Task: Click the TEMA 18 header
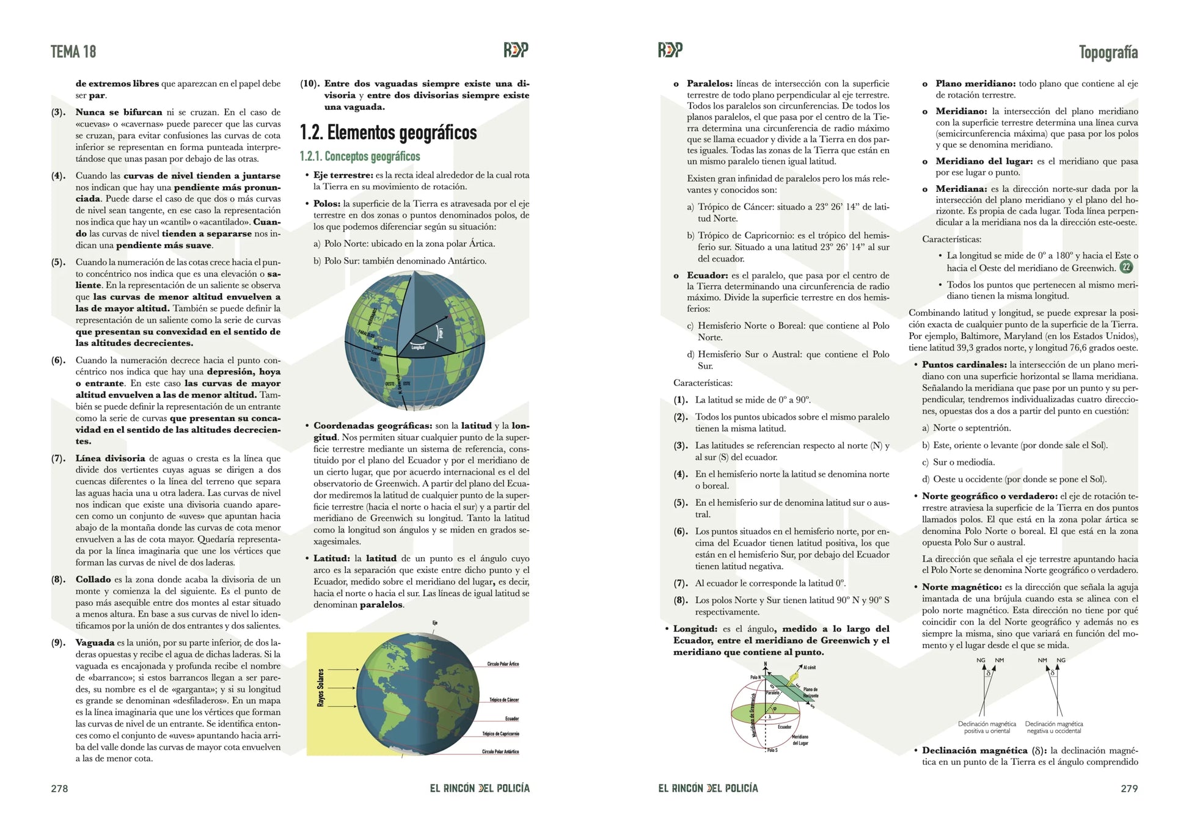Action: pyautogui.click(x=73, y=52)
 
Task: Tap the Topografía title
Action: pyautogui.click(x=1108, y=53)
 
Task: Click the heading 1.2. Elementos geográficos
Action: pyautogui.click(x=388, y=133)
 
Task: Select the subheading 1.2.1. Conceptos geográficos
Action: pyautogui.click(x=360, y=157)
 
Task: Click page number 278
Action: pyautogui.click(x=59, y=789)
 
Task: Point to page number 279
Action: pyautogui.click(x=1129, y=789)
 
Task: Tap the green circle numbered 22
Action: pyautogui.click(x=1125, y=267)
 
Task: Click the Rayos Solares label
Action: pyautogui.click(x=321, y=688)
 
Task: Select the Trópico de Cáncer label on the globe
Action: pyautogui.click(x=504, y=700)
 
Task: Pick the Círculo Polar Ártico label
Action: pyautogui.click(x=503, y=664)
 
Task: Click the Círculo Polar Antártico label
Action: pyautogui.click(x=500, y=752)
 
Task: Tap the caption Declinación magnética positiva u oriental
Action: pyautogui.click(x=987, y=728)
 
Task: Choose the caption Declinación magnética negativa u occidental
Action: pyautogui.click(x=1054, y=728)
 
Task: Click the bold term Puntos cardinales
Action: pyautogui.click(x=964, y=365)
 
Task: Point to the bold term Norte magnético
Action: pyautogui.click(x=962, y=587)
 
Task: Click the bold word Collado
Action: pyautogui.click(x=93, y=579)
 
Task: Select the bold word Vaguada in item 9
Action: pyautogui.click(x=95, y=643)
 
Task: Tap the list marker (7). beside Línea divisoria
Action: pyautogui.click(x=59, y=458)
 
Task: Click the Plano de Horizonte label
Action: pyautogui.click(x=810, y=693)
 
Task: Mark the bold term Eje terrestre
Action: pyautogui.click(x=343, y=175)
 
